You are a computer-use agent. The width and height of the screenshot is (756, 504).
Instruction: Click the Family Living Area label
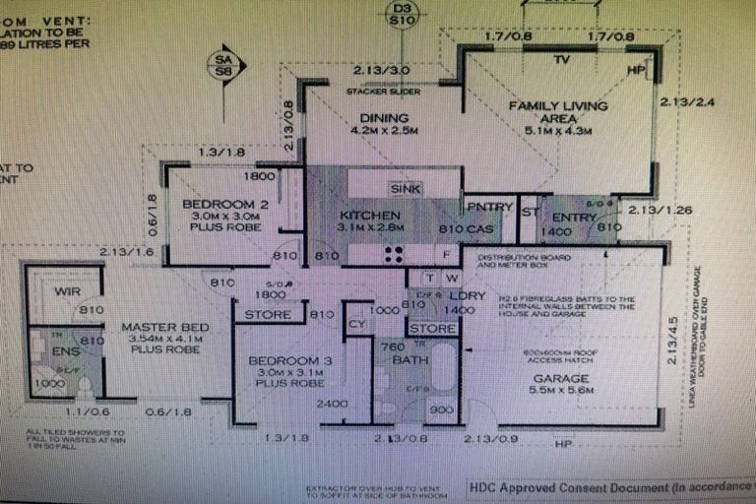(557, 112)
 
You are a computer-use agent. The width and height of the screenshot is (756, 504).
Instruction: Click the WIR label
(68, 291)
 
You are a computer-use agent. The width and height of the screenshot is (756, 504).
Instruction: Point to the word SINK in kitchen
(406, 188)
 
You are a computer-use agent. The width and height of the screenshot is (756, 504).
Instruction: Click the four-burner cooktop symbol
(393, 254)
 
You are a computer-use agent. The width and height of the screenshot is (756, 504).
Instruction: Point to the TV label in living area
(561, 60)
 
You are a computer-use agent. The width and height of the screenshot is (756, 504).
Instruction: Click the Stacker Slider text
(383, 92)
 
